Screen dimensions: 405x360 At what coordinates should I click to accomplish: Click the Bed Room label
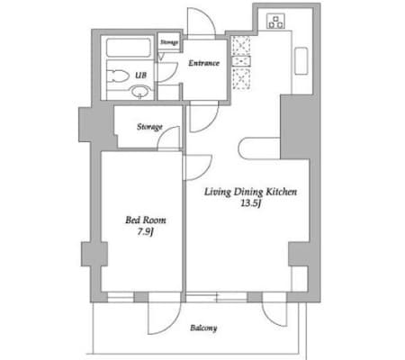(146, 220)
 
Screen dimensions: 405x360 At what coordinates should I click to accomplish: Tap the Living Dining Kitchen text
(251, 192)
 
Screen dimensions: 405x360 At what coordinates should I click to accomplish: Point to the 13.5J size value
(250, 203)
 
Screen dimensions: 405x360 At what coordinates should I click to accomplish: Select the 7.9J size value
(146, 232)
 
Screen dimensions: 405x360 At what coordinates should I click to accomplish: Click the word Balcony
(203, 328)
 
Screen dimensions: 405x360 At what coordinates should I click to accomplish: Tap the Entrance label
(203, 63)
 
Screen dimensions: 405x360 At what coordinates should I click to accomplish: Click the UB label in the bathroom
(140, 75)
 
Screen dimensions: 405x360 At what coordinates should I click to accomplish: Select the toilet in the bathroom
(117, 76)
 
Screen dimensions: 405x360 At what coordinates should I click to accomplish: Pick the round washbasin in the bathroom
(140, 91)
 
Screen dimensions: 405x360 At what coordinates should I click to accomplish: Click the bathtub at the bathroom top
(128, 48)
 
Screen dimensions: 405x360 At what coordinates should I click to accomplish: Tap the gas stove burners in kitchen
(275, 22)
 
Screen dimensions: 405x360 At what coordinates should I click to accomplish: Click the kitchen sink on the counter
(301, 61)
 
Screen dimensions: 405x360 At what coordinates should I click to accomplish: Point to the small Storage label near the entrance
(169, 42)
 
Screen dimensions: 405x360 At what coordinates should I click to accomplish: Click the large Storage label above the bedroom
(149, 127)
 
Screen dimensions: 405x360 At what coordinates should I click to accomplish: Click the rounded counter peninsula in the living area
(259, 148)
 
